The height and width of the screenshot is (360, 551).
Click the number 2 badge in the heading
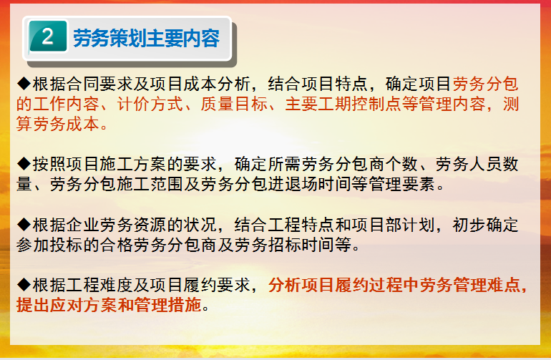pyautogui.click(x=48, y=37)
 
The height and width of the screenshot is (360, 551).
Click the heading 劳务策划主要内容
pyautogui.click(x=146, y=38)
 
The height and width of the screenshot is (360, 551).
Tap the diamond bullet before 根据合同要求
pyautogui.click(x=24, y=84)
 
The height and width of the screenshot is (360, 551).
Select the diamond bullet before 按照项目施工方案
pyautogui.click(x=24, y=164)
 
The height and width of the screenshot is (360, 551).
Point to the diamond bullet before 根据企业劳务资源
pyautogui.click(x=24, y=225)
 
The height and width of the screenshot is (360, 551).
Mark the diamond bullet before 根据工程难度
pyautogui.click(x=24, y=285)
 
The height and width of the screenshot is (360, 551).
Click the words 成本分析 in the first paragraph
pyautogui.click(x=217, y=84)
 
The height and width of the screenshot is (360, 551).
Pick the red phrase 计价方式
pyautogui.click(x=150, y=104)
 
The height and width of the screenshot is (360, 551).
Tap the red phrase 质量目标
pyautogui.click(x=234, y=104)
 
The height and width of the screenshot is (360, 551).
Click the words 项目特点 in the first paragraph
pyautogui.click(x=335, y=84)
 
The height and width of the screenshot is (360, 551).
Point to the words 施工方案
pyautogui.click(x=134, y=164)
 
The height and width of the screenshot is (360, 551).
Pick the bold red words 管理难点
pyautogui.click(x=487, y=285)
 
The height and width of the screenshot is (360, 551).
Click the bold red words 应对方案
pyautogui.click(x=83, y=305)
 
